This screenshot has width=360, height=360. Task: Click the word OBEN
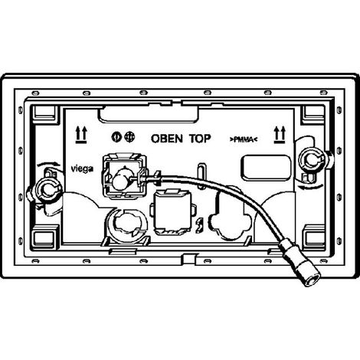pos(167,139)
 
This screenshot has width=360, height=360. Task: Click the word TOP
pos(200,139)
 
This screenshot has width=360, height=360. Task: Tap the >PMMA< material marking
pos(244,139)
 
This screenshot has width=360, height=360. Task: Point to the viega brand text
pos(82,169)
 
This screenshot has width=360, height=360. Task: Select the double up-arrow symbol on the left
pos(81,135)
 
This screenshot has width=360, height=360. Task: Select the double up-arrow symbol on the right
pos(280,135)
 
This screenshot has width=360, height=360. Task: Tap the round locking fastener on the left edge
pos(47,189)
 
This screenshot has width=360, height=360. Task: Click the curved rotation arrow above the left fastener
pos(48,164)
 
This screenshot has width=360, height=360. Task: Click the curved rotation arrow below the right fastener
pos(312,187)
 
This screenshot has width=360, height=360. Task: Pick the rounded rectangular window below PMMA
pos(266,168)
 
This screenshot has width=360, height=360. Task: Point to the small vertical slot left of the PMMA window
pos(202,175)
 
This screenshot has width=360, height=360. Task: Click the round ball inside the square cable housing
pos(120,181)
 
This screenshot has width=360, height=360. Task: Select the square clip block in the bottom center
pos(172,211)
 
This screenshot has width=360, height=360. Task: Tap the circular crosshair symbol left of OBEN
pos(129,138)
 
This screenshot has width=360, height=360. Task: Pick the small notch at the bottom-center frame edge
pos(189,259)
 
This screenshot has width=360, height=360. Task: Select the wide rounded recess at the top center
pos(148,114)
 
